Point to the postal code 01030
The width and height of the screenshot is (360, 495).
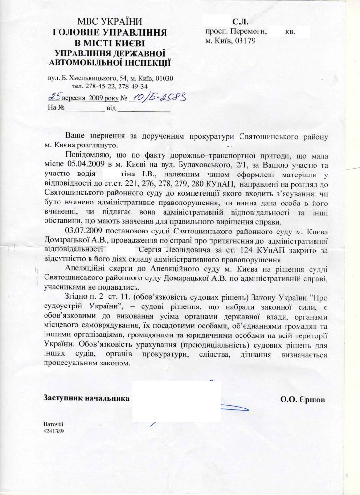164,78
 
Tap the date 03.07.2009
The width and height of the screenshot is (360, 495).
87,232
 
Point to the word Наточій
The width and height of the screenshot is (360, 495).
54,423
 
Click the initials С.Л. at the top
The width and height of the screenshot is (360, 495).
240,22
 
